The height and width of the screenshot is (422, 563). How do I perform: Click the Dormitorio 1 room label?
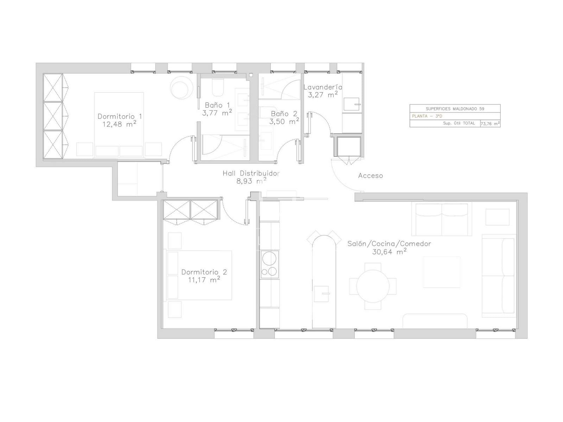point(120,116)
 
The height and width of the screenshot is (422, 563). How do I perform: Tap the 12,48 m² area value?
point(120,124)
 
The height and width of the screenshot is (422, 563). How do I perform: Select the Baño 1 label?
point(217,105)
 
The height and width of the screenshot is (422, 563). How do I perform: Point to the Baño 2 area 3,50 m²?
point(284,121)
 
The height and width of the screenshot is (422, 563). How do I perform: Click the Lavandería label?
point(323,87)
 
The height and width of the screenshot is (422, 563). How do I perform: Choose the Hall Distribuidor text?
point(251,173)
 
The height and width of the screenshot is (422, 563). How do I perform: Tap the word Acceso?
point(371,176)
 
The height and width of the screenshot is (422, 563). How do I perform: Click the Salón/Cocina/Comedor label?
point(389,244)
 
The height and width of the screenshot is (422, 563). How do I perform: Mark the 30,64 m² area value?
point(390,252)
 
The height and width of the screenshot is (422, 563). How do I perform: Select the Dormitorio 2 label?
point(204,272)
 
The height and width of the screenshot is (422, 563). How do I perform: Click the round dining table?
point(373,286)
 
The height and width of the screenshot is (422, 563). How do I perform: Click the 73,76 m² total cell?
point(490,123)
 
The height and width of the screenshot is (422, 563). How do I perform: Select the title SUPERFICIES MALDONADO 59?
point(455,109)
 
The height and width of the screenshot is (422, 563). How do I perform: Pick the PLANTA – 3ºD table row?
point(455,116)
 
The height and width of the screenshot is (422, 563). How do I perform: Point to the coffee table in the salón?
point(441,272)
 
